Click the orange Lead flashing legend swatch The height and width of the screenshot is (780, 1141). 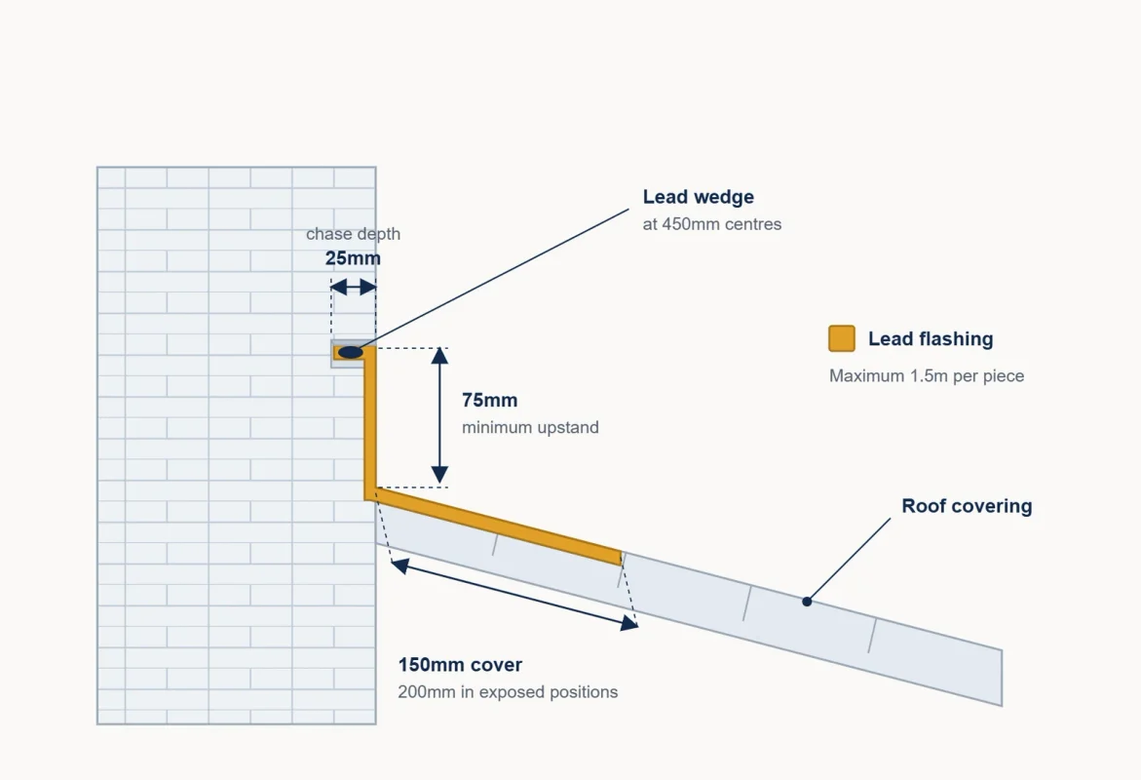click(841, 338)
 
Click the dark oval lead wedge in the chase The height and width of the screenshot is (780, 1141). click(351, 353)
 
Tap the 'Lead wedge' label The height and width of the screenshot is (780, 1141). click(698, 197)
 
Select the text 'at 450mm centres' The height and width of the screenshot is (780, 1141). click(711, 224)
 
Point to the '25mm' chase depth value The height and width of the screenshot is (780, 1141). click(353, 258)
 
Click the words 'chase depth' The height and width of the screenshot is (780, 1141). click(353, 234)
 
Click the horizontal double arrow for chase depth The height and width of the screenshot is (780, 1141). click(354, 287)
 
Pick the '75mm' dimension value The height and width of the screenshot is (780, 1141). click(490, 401)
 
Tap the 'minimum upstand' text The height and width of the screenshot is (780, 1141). click(530, 427)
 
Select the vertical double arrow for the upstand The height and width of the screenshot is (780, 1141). click(439, 416)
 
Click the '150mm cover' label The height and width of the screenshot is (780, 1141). click(460, 665)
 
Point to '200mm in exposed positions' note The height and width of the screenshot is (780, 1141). click(508, 692)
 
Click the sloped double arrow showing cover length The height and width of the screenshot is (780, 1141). click(514, 594)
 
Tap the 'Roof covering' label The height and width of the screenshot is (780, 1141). click(967, 506)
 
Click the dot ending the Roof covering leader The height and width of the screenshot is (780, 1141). click(806, 602)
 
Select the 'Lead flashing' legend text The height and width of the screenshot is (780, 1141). click(931, 339)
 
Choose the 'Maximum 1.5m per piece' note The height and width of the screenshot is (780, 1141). click(927, 375)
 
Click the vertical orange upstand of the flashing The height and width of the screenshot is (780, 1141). click(370, 422)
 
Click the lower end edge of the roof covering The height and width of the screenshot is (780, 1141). click(1002, 678)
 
